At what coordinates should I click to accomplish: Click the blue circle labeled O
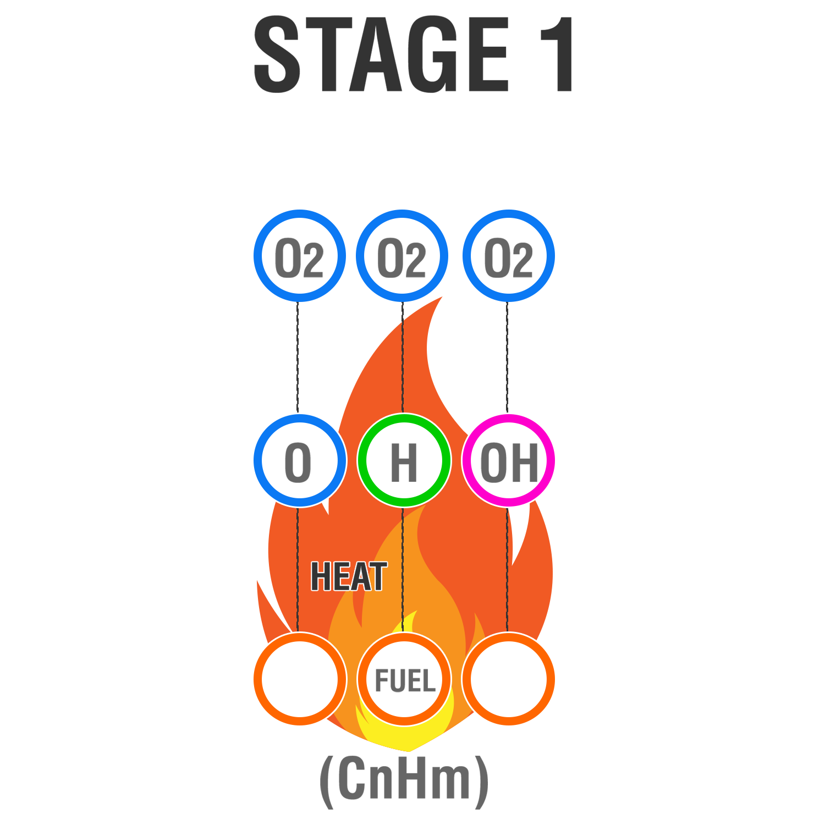click(300, 460)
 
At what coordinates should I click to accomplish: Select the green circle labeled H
click(404, 460)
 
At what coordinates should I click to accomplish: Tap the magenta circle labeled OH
click(508, 460)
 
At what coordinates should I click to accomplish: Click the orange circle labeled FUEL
click(404, 679)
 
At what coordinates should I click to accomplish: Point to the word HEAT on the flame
click(349, 576)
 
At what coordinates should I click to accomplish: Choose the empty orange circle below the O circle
click(300, 679)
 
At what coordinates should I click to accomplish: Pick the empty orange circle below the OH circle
click(508, 679)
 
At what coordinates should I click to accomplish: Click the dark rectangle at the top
click(413, 54)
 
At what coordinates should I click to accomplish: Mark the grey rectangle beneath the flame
click(404, 782)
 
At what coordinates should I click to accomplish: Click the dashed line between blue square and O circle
click(298, 358)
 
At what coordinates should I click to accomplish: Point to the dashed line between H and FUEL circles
click(403, 566)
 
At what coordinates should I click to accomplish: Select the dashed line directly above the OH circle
click(507, 358)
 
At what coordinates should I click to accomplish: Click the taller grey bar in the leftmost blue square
click(288, 257)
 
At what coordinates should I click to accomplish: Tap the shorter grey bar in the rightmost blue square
click(523, 260)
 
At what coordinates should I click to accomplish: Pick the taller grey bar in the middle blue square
click(391, 257)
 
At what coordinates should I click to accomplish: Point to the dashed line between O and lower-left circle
click(298, 566)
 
